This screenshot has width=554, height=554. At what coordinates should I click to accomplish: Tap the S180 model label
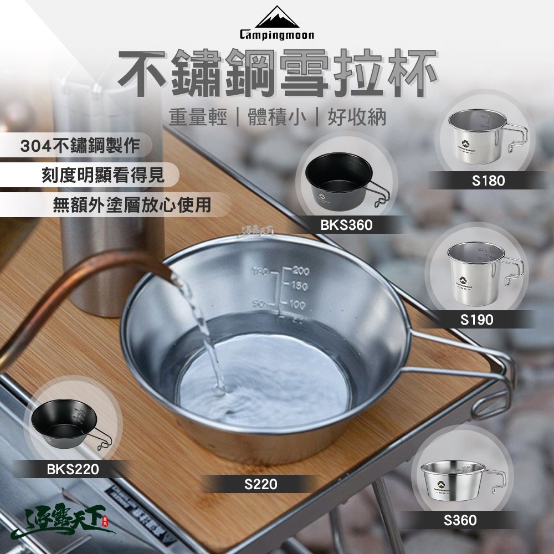click(488, 181)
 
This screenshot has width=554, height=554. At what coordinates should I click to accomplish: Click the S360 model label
click(460, 520)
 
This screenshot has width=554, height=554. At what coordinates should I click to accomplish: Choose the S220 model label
click(260, 485)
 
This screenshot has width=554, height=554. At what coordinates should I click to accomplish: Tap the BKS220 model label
click(73, 470)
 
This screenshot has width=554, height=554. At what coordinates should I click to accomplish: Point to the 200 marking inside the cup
click(301, 271)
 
